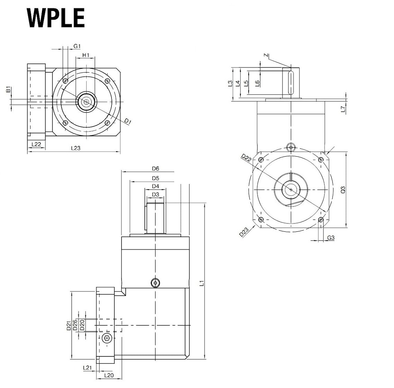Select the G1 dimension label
[77, 46]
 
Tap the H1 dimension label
[86, 55]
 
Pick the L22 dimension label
[36, 144]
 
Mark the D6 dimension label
[155, 168]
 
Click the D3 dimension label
[155, 194]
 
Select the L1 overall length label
[202, 284]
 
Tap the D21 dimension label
[68, 325]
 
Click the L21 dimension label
[87, 368]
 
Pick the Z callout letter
[265, 55]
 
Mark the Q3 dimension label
[342, 190]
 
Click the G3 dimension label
[331, 237]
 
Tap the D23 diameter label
[244, 232]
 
